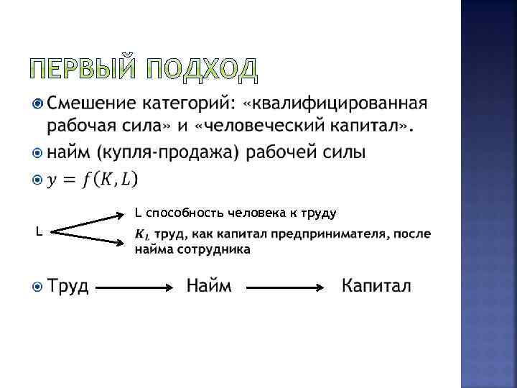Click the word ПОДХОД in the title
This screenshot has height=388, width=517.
204,69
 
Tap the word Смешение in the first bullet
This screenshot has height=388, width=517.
97,103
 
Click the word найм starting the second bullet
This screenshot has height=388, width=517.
69,152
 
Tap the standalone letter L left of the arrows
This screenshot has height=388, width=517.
39,231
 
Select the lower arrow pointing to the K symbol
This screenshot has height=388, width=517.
90,239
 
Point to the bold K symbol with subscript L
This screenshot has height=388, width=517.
141,234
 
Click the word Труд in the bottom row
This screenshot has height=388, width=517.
68,286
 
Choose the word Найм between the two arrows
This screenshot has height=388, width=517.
209,286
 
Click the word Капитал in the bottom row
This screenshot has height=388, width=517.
376,286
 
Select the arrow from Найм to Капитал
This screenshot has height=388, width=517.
287,287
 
